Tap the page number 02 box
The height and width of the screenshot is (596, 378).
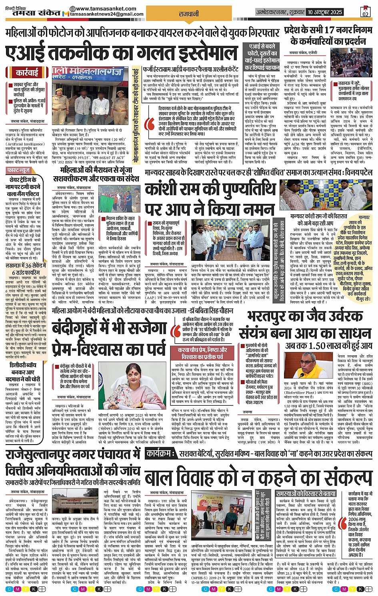pos(365,12)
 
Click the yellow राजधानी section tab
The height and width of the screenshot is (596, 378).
pos(188,14)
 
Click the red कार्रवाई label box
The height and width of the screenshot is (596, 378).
pos(27,72)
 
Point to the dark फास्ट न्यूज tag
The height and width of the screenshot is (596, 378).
pos(19,170)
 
